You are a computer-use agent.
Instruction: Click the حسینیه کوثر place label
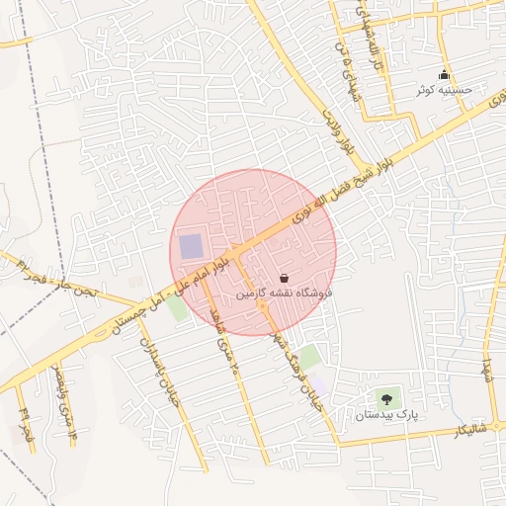pos(445,89)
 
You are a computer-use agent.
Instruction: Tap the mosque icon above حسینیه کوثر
pos(445,74)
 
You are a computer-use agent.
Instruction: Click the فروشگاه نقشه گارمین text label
pos(285,294)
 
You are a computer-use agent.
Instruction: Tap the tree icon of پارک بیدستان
pos(385,399)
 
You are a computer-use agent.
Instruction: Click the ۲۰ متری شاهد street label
pos(226,346)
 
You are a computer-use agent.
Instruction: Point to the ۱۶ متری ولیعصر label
pos(63,400)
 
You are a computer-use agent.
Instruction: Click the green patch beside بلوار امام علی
pos(178,307)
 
